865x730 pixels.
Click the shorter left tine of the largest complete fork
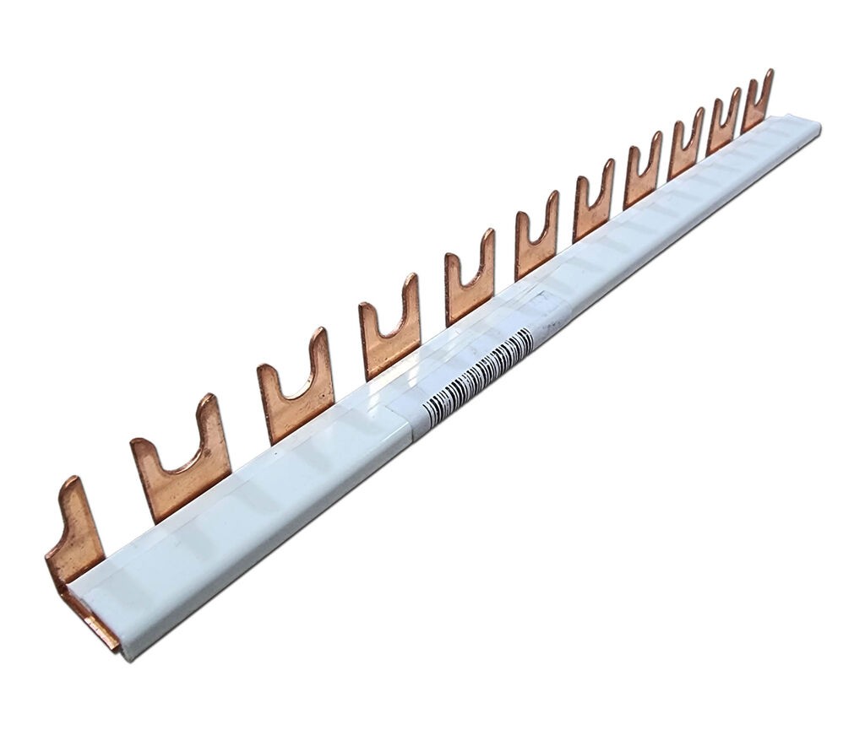(x=144, y=460)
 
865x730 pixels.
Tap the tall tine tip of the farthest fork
(x=769, y=75)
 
